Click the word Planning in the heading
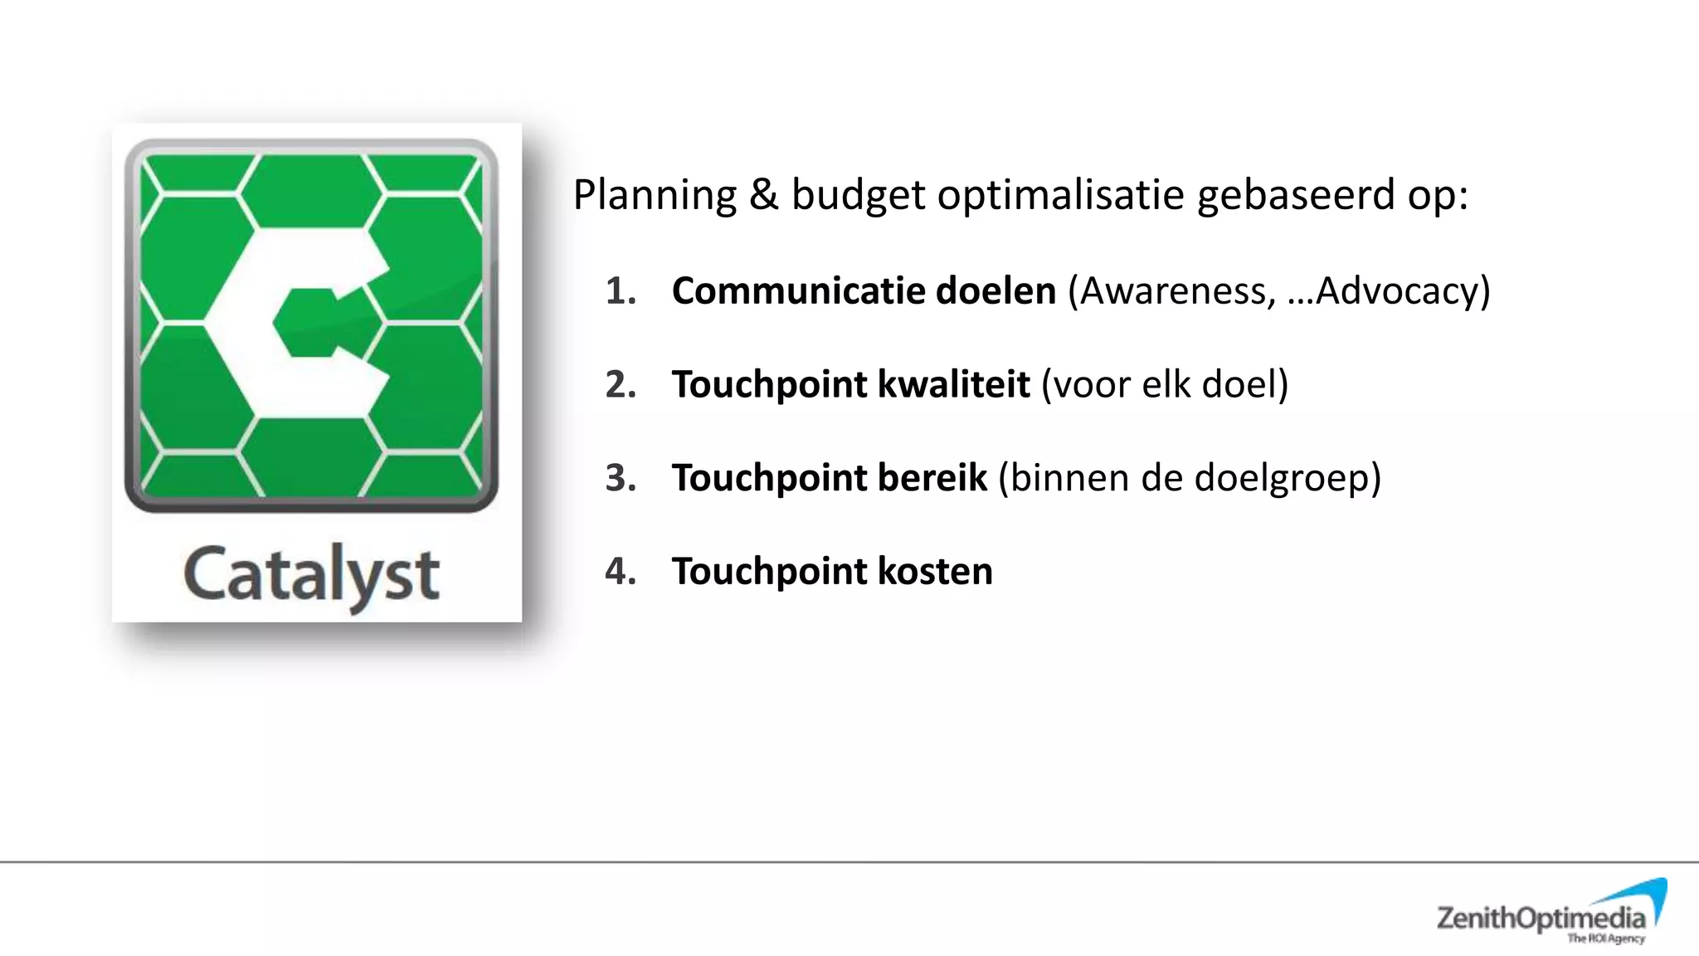pyautogui.click(x=655, y=196)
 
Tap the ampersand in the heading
pyautogui.click(x=763, y=194)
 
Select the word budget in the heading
pyautogui.click(x=858, y=196)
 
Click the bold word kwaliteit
pyautogui.click(x=953, y=385)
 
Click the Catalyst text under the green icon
pyautogui.click(x=311, y=575)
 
